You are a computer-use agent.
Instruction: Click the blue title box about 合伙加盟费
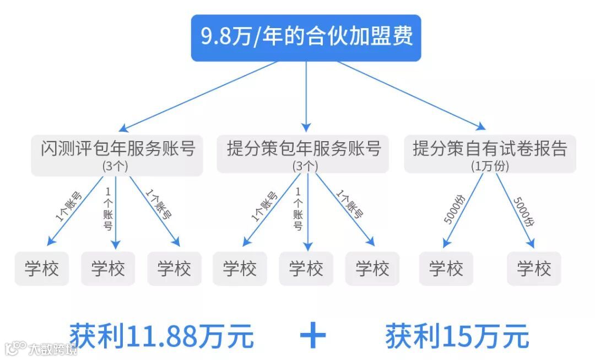[x=306, y=37]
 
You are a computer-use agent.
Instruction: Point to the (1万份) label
[x=490, y=165]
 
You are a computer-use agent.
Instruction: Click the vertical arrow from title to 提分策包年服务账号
[x=306, y=94]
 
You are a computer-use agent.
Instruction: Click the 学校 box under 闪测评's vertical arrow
[x=108, y=269]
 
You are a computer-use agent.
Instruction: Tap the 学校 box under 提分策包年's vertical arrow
[x=306, y=269]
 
